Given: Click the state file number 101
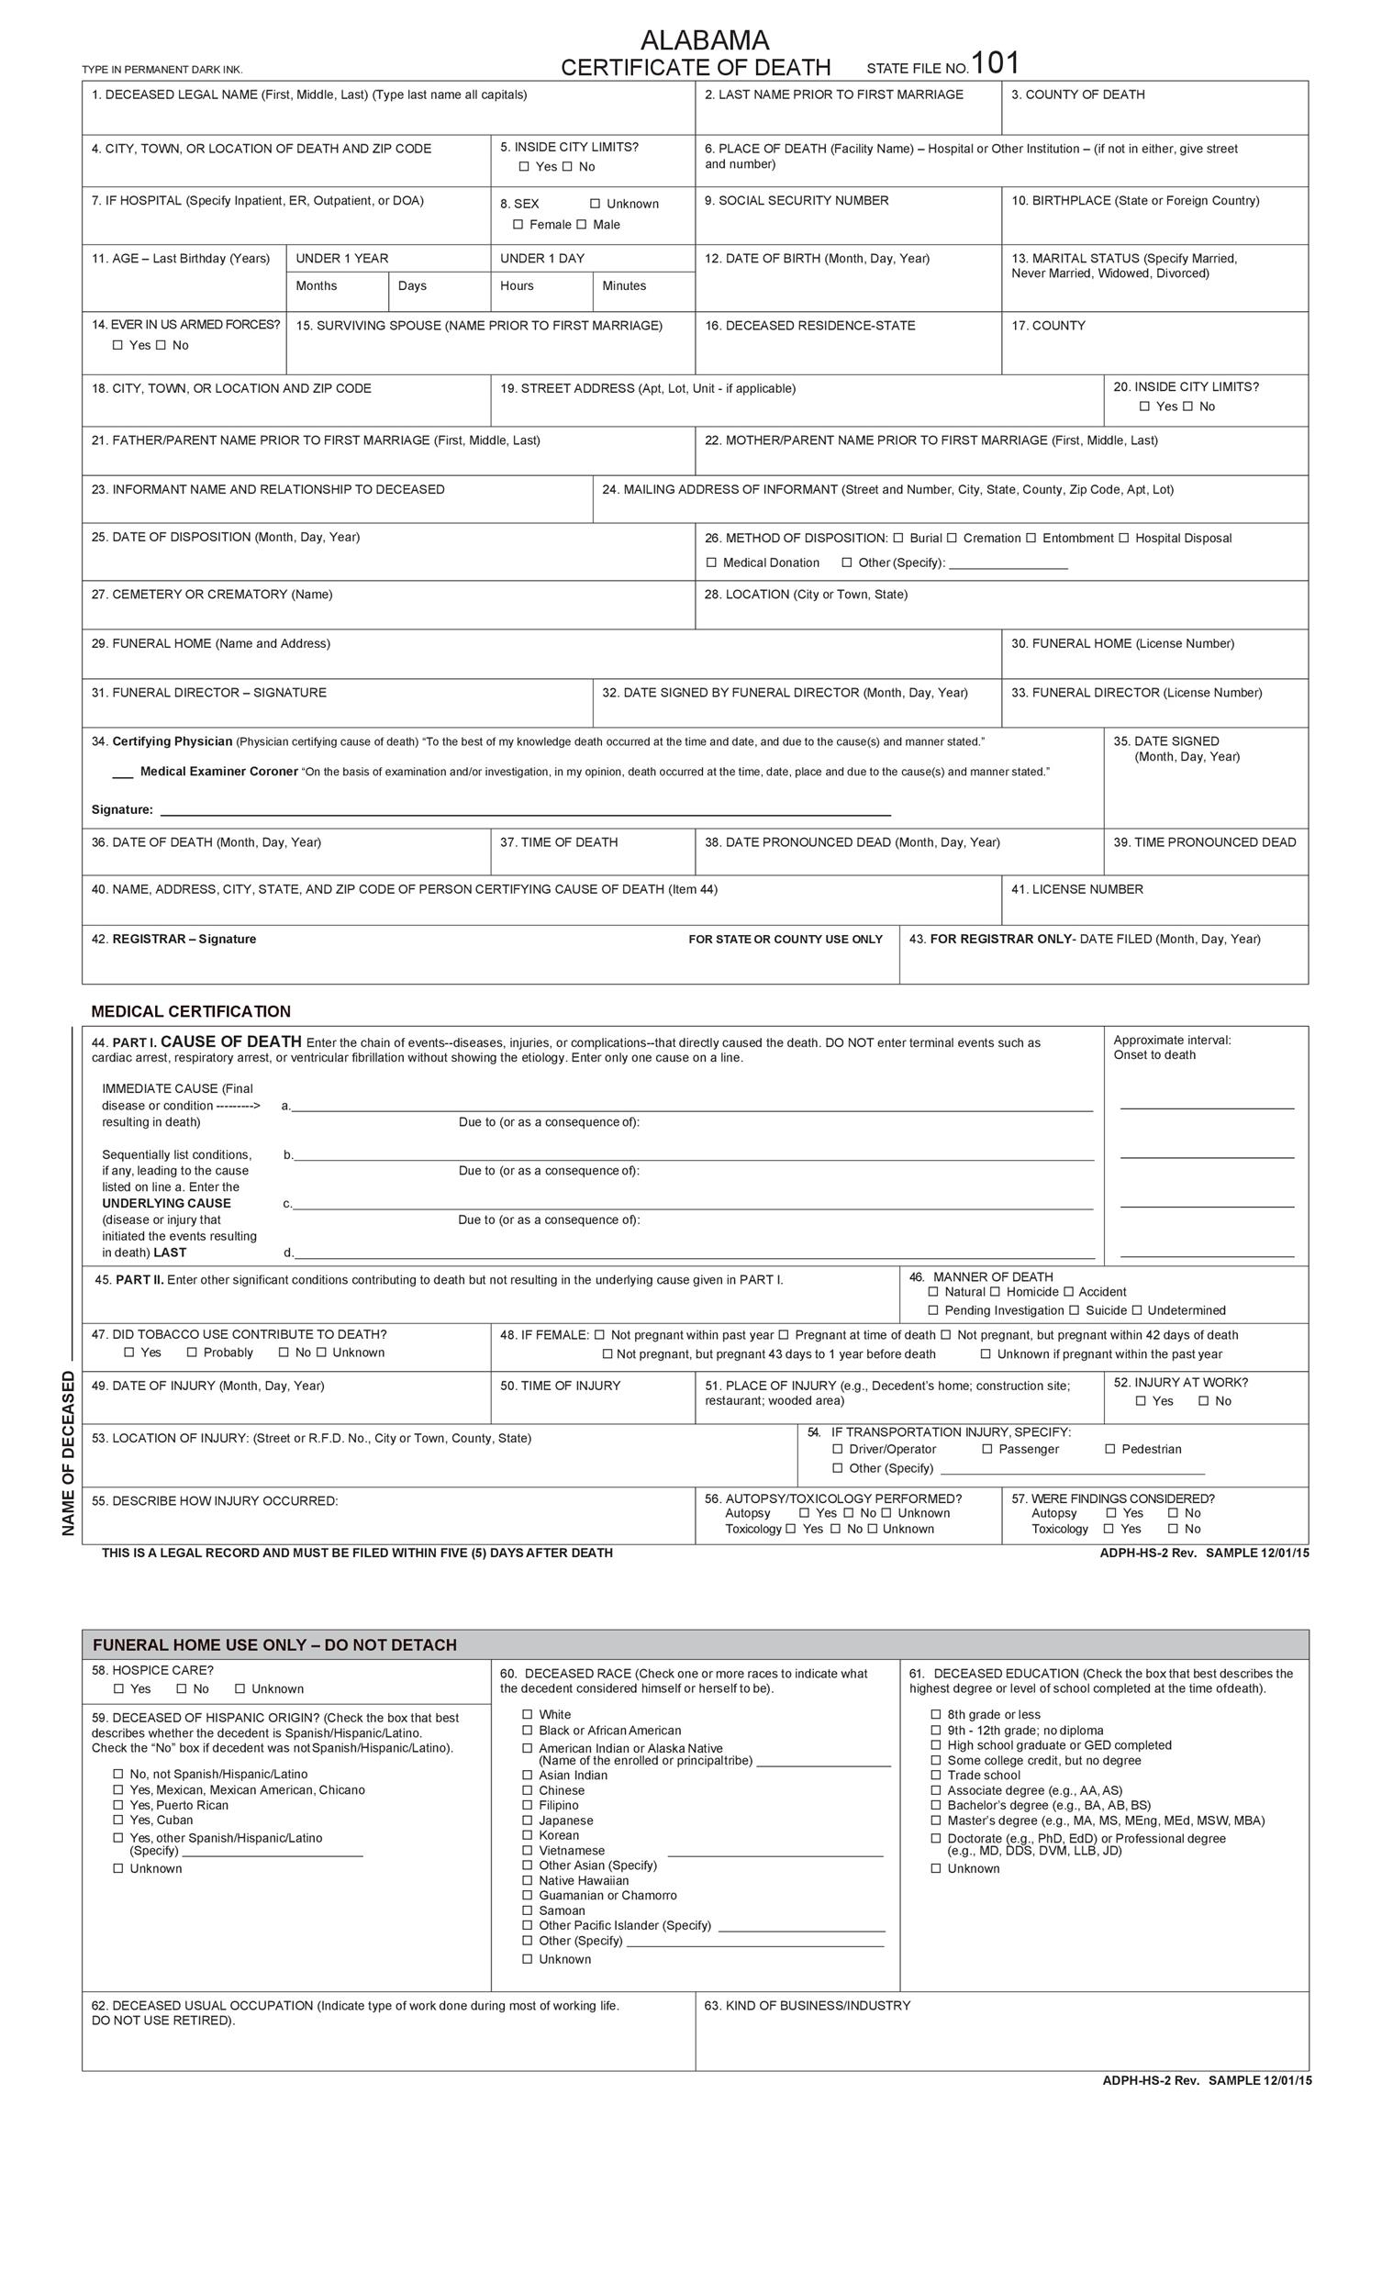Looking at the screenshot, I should (996, 63).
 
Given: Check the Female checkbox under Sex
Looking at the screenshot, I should (518, 225).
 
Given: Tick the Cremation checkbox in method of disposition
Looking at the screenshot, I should (952, 538).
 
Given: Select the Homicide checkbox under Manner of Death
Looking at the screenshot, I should (995, 1291).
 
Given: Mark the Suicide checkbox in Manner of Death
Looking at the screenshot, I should (1074, 1310).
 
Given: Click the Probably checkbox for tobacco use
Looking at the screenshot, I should (192, 1352).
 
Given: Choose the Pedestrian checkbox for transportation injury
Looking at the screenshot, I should (1110, 1449).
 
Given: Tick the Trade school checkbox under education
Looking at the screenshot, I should (936, 1775).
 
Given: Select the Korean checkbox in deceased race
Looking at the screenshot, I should (527, 1835).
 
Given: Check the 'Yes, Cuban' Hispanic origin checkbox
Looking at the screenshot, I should (118, 1820).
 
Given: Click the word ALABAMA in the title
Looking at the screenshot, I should (704, 40).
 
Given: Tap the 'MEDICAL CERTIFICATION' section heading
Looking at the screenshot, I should (191, 1011).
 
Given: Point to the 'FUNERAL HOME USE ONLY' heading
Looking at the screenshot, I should (274, 1644).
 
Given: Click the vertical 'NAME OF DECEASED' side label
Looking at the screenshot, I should (68, 1453).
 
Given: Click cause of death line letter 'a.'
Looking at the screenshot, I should (286, 1106).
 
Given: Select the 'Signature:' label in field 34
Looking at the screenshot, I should (122, 810).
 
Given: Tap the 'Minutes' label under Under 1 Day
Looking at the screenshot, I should (624, 285).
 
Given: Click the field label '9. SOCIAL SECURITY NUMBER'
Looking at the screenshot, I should (797, 200).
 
